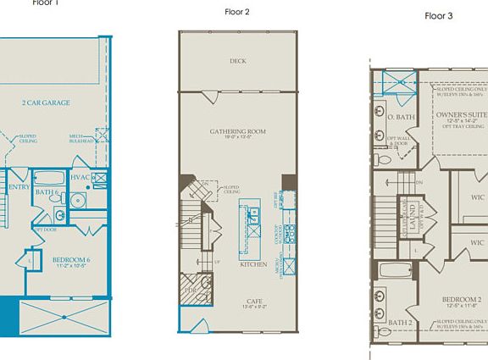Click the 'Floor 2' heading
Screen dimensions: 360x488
pos(236,12)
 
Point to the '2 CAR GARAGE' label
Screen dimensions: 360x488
pos(46,102)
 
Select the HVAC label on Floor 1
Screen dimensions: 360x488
pos(80,177)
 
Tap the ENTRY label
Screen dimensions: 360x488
pos(18,186)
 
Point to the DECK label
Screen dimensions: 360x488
pos(237,61)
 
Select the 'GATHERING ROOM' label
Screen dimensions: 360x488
pos(238,131)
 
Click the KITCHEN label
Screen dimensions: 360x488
pos(252,264)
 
